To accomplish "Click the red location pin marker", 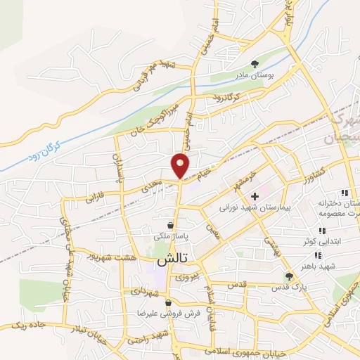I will pos(181,165).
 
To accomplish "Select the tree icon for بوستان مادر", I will pos(254,62).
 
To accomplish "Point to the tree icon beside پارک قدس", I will pos(288,277).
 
